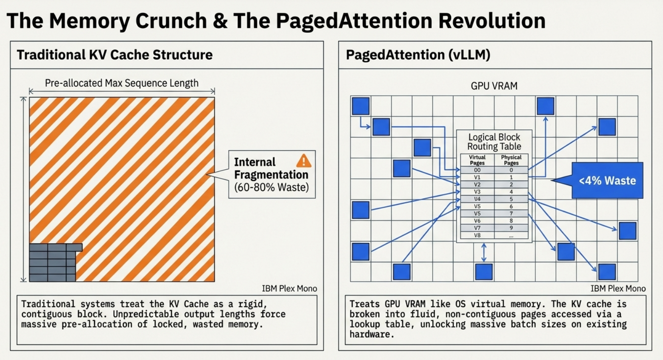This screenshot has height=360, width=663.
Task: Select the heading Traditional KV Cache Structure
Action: (114, 55)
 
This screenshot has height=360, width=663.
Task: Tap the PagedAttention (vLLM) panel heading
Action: (418, 55)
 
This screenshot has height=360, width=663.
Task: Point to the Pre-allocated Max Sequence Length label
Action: (122, 83)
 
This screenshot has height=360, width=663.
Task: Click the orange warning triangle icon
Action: (303, 161)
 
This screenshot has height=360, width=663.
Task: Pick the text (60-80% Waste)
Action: (271, 187)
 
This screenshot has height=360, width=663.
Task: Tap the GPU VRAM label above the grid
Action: (494, 86)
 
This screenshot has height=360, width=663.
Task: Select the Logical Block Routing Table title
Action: (494, 142)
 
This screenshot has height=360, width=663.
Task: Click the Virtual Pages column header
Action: (477, 160)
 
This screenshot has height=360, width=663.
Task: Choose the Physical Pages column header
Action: (511, 160)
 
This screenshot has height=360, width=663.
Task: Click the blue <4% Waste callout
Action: (607, 180)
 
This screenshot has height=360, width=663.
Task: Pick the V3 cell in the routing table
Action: (477, 192)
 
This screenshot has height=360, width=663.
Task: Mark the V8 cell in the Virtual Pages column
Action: (477, 235)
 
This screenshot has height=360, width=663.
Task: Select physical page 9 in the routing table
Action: (511, 228)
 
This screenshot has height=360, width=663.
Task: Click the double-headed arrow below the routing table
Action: (484, 252)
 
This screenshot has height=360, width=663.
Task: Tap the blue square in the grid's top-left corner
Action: (360, 106)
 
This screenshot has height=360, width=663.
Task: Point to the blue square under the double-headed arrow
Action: (484, 272)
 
